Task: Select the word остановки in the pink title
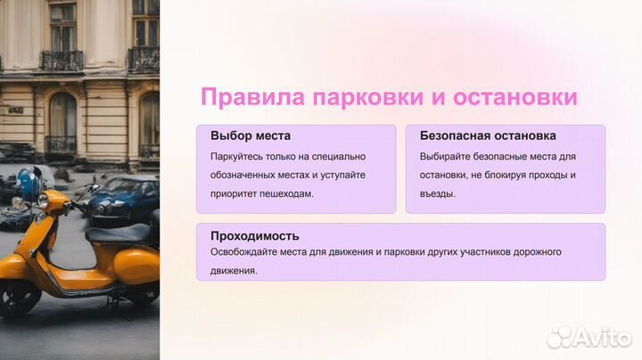coord(513,97)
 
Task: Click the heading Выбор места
coord(249,136)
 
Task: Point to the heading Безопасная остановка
coord(488,136)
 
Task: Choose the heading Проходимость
coord(255,236)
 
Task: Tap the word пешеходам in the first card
coord(285,193)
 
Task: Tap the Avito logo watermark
coord(589,337)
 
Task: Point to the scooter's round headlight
coord(43,200)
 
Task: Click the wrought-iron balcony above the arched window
coord(61,61)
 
